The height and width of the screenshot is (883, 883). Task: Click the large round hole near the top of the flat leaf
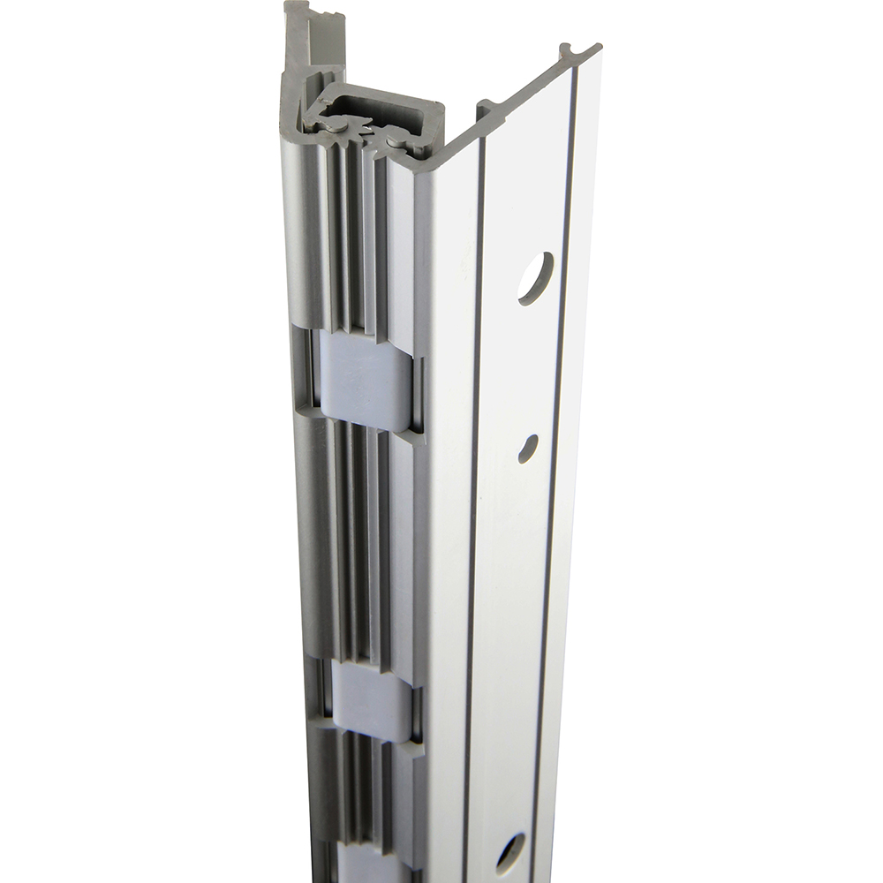pos(535,278)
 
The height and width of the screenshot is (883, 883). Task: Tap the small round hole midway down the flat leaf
pos(528,446)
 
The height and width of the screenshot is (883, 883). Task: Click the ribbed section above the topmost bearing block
pos(353,238)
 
